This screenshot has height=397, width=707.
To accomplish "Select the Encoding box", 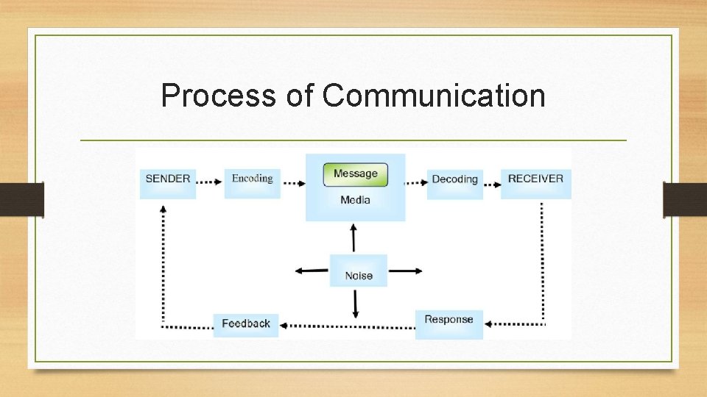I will [x=252, y=179].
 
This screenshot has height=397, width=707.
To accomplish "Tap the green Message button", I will [x=355, y=174].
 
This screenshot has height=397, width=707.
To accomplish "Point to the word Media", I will [x=355, y=200].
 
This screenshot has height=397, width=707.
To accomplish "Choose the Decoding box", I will [x=454, y=180].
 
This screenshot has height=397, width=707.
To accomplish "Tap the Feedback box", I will [x=246, y=324].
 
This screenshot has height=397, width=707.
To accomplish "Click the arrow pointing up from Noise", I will [x=354, y=238].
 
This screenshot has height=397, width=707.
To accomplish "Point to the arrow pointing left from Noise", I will [x=311, y=271].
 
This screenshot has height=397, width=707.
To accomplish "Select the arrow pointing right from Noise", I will [x=406, y=271].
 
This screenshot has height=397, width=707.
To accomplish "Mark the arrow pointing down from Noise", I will [x=356, y=304].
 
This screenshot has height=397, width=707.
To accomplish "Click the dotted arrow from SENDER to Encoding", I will [x=210, y=180].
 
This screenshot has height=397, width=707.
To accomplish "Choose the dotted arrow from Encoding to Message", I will [x=294, y=183].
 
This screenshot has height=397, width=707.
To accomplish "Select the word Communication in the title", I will [x=434, y=96].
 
